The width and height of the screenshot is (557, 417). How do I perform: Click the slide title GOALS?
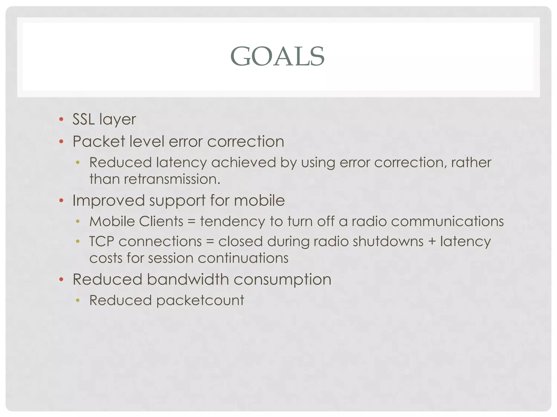[x=277, y=56]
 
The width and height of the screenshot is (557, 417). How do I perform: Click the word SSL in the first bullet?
[x=83, y=119]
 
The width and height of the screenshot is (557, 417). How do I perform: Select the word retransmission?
[x=172, y=179]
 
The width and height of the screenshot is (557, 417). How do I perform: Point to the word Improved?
[x=109, y=201]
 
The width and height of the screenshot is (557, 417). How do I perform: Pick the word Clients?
[x=161, y=221]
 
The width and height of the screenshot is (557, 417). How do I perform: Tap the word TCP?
[x=102, y=241]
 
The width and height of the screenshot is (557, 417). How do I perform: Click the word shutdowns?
[x=388, y=241]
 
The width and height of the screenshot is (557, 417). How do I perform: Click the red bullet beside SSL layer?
[x=61, y=119]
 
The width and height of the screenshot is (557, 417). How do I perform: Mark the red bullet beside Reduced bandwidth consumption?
[x=61, y=279]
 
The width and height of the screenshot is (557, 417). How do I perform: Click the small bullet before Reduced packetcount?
[x=78, y=300]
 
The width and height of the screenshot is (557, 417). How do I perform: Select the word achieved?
[x=244, y=163]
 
